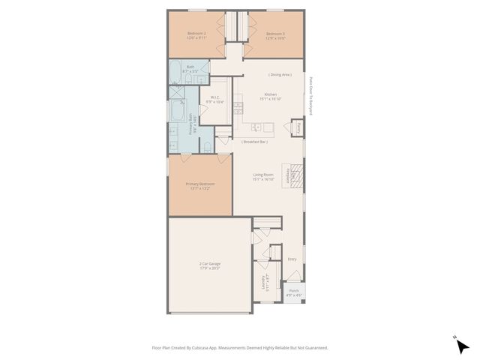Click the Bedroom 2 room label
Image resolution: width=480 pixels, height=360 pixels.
[x=196, y=34]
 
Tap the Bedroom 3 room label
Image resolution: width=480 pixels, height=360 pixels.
[x=275, y=34]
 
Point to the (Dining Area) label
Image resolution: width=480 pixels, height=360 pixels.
[x=280, y=74]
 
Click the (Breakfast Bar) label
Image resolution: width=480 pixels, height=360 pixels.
[x=254, y=142]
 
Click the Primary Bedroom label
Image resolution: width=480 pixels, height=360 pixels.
[x=200, y=185]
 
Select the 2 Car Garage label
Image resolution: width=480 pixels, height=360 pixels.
[x=209, y=265]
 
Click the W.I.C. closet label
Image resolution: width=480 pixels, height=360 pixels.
[x=214, y=99]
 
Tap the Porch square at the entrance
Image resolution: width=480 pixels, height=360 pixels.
[x=292, y=293]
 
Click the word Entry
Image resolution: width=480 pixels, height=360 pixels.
[x=292, y=259]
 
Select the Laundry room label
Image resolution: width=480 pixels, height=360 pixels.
[x=264, y=282]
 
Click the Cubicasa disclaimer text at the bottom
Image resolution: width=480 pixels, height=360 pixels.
[x=239, y=347]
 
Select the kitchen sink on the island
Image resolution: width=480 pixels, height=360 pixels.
[x=256, y=127]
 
